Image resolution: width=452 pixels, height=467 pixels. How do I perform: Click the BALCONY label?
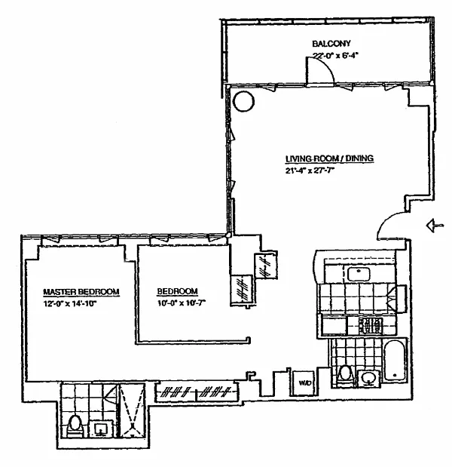point(331,44)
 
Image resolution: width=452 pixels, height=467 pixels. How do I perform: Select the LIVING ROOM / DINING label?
point(329,158)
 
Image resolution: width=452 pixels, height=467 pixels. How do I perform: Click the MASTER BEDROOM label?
point(81,291)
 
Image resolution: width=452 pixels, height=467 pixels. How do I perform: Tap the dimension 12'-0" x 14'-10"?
point(70,304)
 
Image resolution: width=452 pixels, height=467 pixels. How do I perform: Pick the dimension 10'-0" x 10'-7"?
point(182,303)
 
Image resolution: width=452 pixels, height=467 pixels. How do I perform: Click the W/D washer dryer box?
point(304,383)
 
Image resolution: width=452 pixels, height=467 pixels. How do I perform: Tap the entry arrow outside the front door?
point(435,226)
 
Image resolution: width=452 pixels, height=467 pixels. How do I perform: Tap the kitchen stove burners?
point(370,325)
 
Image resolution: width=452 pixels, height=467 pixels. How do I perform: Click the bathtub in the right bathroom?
point(394,360)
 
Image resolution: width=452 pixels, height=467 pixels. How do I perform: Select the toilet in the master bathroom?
point(75,426)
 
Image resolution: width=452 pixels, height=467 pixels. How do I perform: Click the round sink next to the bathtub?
point(369,379)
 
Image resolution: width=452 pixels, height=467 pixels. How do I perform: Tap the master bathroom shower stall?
point(131,410)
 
